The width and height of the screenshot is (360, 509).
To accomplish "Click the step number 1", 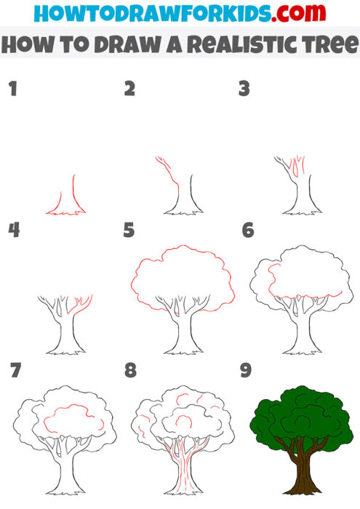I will [x=12, y=89].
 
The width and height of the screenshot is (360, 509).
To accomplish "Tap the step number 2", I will [x=129, y=89].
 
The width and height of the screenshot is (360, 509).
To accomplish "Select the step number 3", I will [x=244, y=89].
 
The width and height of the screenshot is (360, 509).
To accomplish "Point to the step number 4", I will [x=13, y=231].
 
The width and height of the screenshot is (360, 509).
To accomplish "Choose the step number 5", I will [x=129, y=231].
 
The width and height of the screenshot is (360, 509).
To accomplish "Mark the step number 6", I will [x=247, y=231].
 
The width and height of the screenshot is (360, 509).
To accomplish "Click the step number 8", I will [x=130, y=371].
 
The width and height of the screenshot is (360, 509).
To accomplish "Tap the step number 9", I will [x=247, y=371].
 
